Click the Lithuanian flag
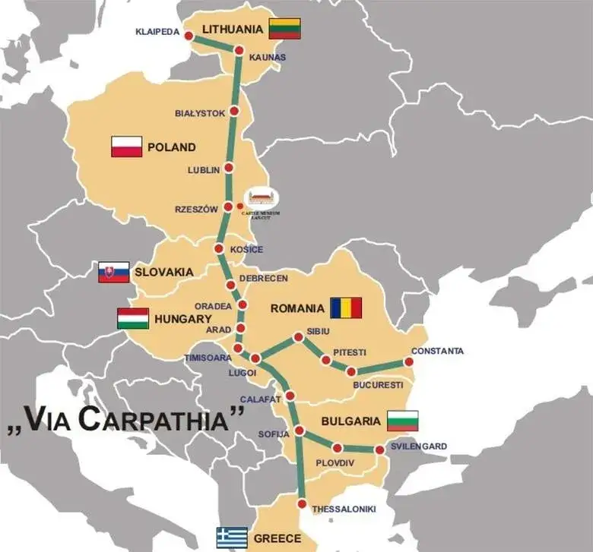tap(284, 28)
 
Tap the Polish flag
tap(127, 147)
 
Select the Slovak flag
tap(113, 272)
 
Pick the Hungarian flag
tap(133, 318)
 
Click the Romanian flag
tap(346, 308)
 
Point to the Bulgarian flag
tap(402, 420)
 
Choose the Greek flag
tap(232, 538)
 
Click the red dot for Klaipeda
tap(188, 36)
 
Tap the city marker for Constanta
tap(409, 362)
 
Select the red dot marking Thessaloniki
tap(303, 504)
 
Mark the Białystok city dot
tap(234, 112)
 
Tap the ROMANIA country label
tap(297, 308)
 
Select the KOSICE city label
tap(246, 250)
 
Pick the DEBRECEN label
tap(263, 278)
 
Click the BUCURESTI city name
tap(378, 385)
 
